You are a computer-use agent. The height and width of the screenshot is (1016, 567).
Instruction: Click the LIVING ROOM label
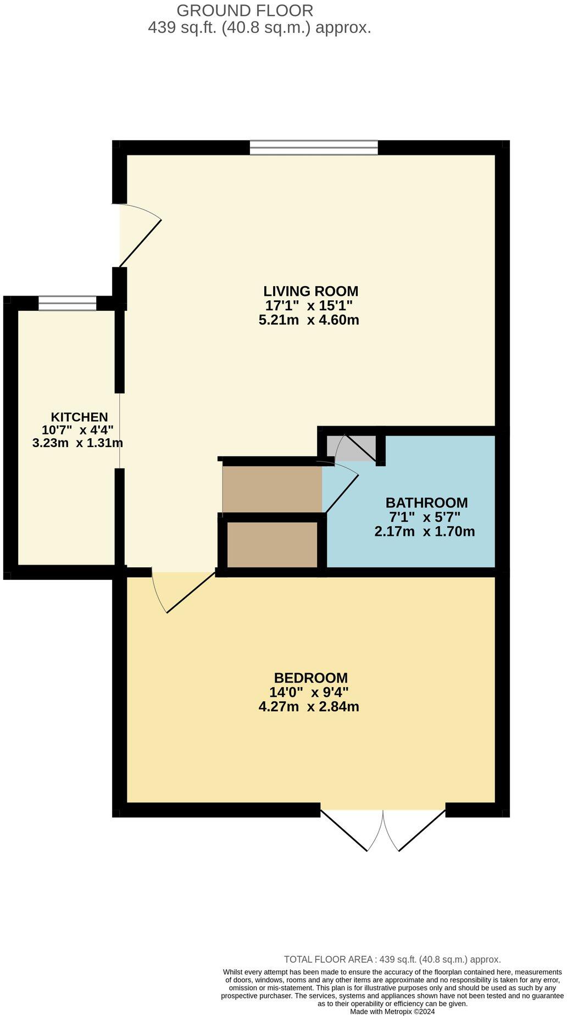point(310,291)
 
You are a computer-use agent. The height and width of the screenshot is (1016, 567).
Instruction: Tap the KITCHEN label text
point(79,417)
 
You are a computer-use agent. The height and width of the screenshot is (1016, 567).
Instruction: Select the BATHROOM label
point(426,503)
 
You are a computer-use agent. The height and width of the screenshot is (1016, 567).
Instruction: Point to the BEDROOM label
point(310,678)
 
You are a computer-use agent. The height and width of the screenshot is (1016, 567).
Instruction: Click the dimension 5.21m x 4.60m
point(309,320)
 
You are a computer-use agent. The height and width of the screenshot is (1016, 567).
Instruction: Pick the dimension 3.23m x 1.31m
point(77,443)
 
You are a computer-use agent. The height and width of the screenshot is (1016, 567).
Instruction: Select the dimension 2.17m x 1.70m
point(424,532)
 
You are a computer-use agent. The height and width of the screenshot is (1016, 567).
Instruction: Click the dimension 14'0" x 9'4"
point(309,692)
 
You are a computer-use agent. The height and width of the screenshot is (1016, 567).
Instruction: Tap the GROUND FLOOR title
point(245,10)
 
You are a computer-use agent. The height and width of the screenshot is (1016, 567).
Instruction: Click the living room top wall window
point(314,147)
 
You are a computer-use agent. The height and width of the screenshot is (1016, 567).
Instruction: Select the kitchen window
point(67,303)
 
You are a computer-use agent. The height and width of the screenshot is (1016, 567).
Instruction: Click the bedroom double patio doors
point(383,829)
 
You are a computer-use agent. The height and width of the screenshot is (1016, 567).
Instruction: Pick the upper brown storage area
point(272,489)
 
